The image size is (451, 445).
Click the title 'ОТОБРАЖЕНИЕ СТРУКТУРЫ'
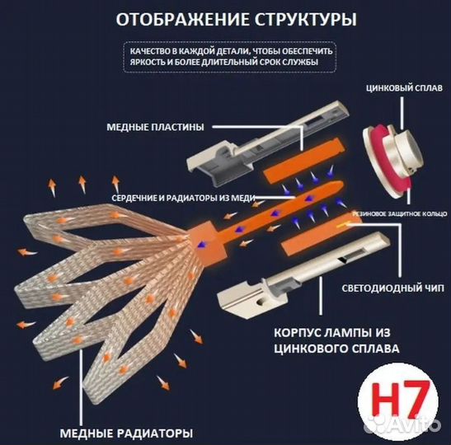[x=224, y=19]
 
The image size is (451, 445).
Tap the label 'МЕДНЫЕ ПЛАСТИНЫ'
[x=155, y=128]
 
